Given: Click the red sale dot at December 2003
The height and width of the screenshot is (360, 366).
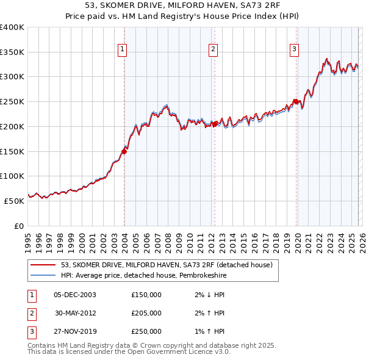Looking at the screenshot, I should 124,150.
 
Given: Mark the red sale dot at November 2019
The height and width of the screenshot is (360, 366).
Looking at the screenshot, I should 296,101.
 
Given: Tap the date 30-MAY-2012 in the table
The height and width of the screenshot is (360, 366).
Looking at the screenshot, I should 75,313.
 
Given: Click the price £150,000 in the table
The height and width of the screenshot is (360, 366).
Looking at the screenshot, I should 146,295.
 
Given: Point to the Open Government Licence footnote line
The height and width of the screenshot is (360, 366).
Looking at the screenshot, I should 129,352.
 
